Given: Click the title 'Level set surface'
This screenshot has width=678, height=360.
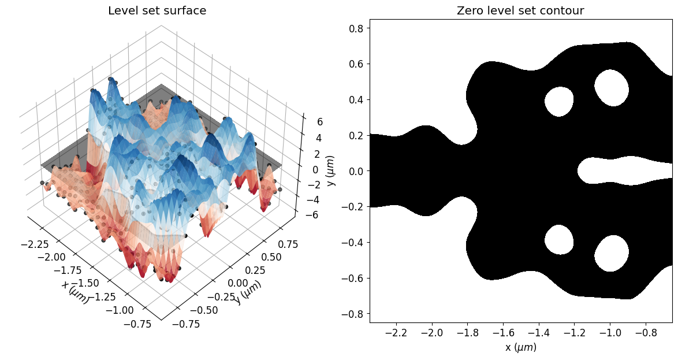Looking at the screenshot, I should (x=157, y=11).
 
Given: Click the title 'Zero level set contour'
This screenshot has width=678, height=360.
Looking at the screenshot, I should (x=520, y=11).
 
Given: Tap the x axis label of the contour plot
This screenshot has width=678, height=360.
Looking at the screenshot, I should (x=520, y=347).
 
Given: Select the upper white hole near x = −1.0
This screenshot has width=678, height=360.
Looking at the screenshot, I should (x=611, y=87).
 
